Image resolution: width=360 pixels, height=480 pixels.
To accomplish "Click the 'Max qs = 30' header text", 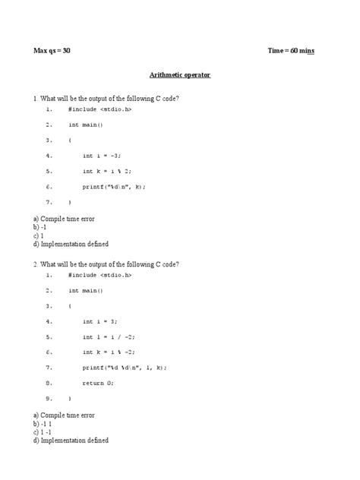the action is pos(52,51).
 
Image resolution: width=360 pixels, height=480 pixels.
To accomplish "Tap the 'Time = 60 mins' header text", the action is pos(292,51).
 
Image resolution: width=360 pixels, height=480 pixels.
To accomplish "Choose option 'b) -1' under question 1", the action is pos(40,227).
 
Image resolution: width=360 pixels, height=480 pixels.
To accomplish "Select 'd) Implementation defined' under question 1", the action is pos(71,244).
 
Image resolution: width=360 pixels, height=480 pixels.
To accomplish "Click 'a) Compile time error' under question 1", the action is pos(64,219).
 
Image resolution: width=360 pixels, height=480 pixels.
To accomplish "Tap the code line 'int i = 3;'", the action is pos(100,321).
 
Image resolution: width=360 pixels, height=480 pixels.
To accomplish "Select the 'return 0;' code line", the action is pos(99,383).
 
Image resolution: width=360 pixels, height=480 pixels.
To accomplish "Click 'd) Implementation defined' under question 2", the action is pos(71,440).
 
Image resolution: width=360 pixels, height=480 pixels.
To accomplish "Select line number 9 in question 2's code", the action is pos(49,398).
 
